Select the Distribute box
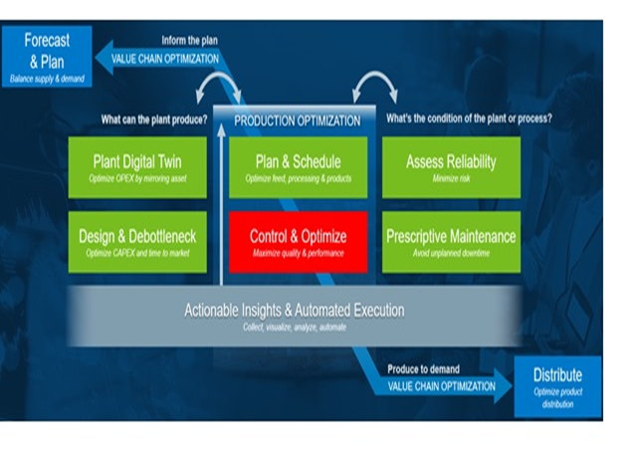coord(557,385)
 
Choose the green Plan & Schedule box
coord(298,166)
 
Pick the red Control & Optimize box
coord(298,241)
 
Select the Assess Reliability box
coord(451,166)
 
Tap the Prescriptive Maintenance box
coord(451,241)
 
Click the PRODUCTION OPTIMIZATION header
coord(297,120)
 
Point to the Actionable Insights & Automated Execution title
coord(295,311)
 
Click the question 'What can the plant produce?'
coord(154,119)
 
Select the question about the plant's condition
coord(469,119)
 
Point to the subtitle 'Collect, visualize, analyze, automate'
coord(295,327)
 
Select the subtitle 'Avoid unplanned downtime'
coord(451,254)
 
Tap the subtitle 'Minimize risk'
coord(451,179)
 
